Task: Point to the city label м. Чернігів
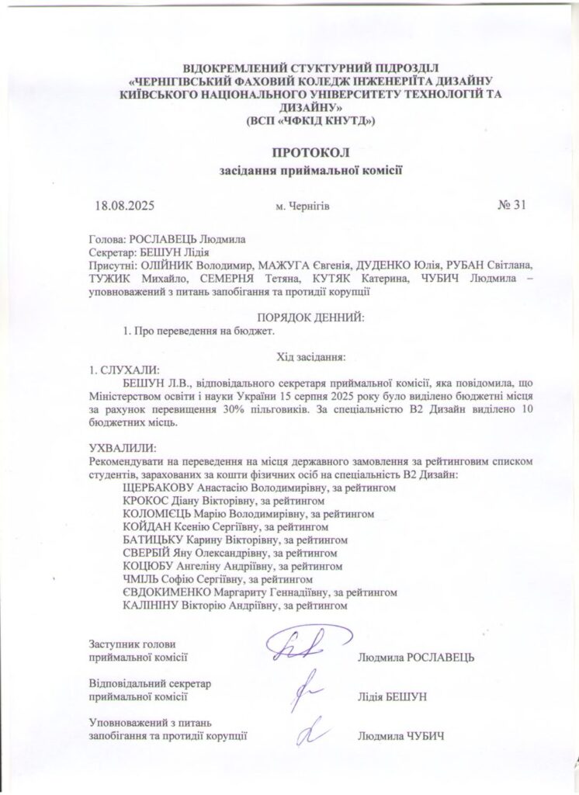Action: [x=303, y=207]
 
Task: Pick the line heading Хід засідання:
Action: [x=310, y=356]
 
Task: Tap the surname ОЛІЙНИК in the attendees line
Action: [x=166, y=265]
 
